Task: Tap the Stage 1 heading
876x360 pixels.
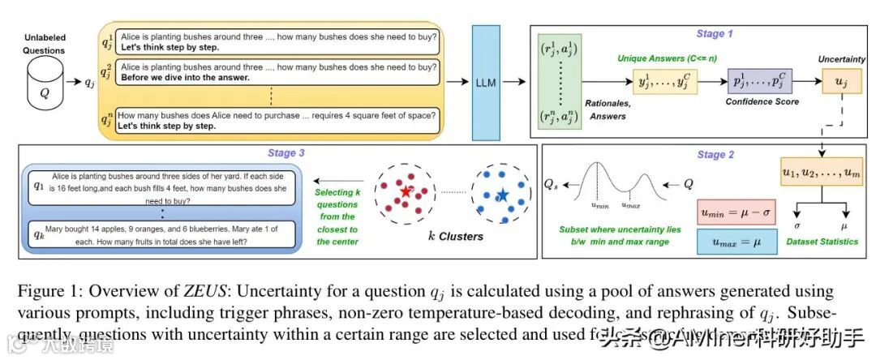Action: (714, 33)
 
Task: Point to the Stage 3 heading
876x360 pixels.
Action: (282, 152)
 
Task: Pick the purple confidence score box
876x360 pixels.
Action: (761, 82)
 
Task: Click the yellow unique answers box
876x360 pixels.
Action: (665, 82)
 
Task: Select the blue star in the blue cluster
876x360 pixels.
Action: (503, 195)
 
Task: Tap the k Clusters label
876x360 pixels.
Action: (455, 237)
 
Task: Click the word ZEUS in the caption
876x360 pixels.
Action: (204, 290)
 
